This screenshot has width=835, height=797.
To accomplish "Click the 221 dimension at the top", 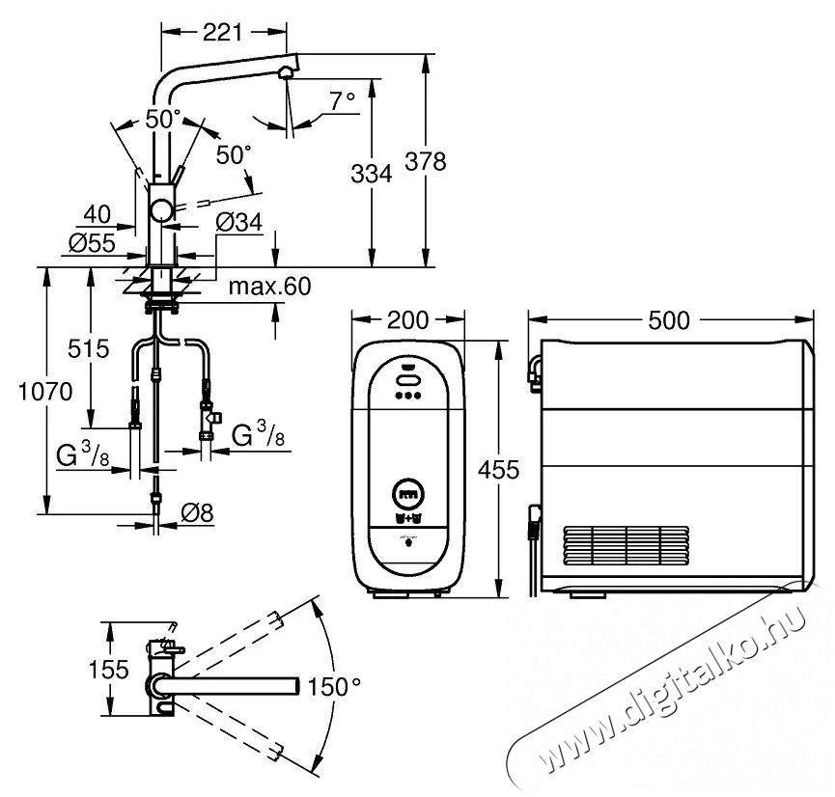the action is click(x=223, y=33).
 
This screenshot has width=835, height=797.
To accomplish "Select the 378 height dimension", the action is click(x=426, y=161).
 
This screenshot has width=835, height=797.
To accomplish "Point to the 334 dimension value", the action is click(x=372, y=174).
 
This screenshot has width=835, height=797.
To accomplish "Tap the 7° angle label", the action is click(x=342, y=101).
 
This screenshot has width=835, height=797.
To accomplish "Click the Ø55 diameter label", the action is click(x=92, y=243).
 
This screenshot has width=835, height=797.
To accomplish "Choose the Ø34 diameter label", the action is click(x=239, y=222).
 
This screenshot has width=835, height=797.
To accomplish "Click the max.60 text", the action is click(x=269, y=287).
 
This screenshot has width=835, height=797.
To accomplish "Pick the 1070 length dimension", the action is click(x=45, y=392).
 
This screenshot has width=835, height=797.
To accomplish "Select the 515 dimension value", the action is click(x=89, y=348).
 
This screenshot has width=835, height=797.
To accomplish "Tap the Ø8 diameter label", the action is click(x=197, y=512).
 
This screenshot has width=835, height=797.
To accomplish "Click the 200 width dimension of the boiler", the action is click(x=407, y=320).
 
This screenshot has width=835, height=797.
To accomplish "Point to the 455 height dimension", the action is click(x=498, y=470).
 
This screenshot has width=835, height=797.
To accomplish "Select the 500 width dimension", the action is click(x=669, y=320).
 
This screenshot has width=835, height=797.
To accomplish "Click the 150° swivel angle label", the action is click(x=334, y=686).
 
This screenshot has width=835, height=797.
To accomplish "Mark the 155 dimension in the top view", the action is click(x=109, y=670).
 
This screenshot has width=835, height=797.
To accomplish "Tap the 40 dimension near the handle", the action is click(x=97, y=214).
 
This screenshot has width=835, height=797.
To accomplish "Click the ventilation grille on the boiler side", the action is click(x=626, y=545).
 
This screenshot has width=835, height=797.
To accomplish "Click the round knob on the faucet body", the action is click(x=161, y=211).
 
